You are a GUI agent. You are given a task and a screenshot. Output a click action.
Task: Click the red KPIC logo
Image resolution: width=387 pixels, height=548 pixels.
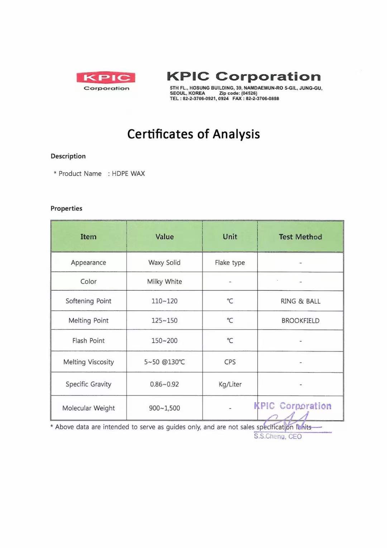click(x=106, y=78)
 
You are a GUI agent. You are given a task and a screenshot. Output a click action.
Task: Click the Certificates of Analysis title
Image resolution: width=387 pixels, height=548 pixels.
click(x=193, y=134)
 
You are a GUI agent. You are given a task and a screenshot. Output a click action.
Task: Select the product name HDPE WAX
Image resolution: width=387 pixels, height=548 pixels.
click(x=128, y=174)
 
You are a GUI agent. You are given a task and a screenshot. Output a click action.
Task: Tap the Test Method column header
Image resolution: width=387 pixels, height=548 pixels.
click(x=300, y=237)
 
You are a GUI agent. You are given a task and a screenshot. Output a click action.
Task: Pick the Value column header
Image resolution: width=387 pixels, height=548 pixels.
click(x=164, y=237)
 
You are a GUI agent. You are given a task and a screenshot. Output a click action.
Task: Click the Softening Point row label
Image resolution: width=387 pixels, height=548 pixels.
click(x=89, y=301)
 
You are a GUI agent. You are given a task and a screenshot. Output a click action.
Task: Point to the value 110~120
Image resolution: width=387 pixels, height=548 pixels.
click(x=164, y=301)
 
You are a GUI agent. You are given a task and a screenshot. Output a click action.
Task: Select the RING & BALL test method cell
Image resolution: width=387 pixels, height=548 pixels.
click(x=300, y=301)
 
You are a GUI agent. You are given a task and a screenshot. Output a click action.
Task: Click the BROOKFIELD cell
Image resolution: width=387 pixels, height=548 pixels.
click(x=300, y=321)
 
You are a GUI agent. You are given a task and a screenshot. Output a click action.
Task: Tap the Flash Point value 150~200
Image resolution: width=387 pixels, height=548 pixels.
click(x=164, y=341)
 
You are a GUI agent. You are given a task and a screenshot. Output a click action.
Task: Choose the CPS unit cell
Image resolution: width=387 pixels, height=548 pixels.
click(x=230, y=362)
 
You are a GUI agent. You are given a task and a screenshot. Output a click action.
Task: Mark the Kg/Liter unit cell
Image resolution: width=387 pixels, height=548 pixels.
click(x=230, y=384)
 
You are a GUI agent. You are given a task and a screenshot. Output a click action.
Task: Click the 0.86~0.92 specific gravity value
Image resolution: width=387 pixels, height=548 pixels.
click(x=164, y=384)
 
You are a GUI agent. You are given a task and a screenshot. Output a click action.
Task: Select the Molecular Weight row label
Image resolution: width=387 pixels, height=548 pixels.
click(x=89, y=408)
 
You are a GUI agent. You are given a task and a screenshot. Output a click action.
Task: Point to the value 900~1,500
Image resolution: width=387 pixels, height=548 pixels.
click(x=164, y=408)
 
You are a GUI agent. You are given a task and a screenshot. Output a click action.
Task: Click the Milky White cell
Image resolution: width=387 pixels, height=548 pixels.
click(x=164, y=282)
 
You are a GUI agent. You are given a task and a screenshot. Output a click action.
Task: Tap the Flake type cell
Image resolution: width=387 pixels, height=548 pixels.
click(x=230, y=263)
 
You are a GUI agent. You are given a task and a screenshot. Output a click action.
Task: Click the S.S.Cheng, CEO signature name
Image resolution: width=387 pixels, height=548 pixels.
click(x=278, y=436)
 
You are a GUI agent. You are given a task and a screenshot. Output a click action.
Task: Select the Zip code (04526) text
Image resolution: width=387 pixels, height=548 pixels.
click(x=238, y=93)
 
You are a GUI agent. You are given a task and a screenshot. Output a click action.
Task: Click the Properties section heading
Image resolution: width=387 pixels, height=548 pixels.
click(x=66, y=209)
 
